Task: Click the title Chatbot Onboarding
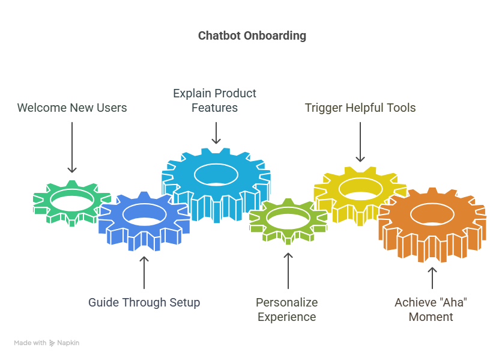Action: (x=252, y=35)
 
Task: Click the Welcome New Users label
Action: (x=72, y=108)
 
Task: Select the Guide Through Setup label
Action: (x=144, y=302)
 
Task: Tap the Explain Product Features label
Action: (x=215, y=100)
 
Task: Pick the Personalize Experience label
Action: (x=287, y=310)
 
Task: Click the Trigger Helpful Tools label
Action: (x=360, y=108)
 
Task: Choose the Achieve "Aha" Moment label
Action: (x=431, y=310)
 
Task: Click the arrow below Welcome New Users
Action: (x=72, y=147)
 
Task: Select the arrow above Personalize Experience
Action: (x=288, y=270)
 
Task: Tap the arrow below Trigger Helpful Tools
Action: (x=360, y=142)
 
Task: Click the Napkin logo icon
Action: (x=52, y=343)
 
